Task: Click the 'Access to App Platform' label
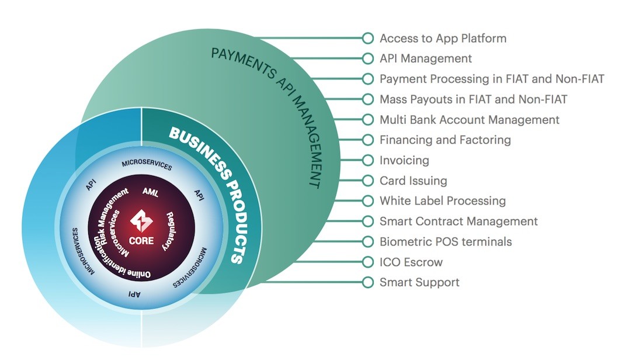tap(443, 38)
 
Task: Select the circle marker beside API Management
tap(368, 58)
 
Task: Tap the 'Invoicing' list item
tap(404, 160)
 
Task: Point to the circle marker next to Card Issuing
tap(368, 181)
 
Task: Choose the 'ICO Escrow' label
tap(411, 262)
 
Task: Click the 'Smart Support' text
tap(419, 282)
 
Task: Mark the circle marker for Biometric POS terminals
tap(368, 241)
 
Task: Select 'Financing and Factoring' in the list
tap(445, 140)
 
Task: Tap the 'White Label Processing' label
tap(442, 200)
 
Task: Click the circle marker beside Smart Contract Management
tap(368, 221)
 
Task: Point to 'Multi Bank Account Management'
tap(470, 120)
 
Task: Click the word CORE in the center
tap(141, 240)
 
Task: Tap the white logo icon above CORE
tap(141, 220)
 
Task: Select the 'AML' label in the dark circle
tap(151, 192)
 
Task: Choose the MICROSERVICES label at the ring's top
tap(147, 165)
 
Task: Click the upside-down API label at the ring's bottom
tap(134, 294)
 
